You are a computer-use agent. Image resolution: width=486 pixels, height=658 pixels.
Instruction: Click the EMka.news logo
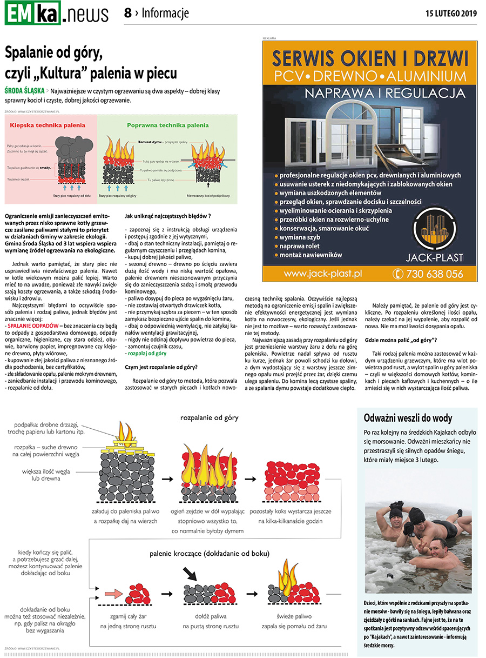coord(57,14)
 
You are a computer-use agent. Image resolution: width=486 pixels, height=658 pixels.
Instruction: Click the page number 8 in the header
coord(128,14)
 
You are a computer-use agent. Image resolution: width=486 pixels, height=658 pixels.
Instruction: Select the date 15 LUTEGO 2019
coord(451,14)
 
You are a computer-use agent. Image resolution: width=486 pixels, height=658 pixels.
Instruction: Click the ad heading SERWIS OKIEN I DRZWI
coord(370,57)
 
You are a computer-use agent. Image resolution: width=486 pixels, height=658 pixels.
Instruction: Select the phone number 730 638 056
coord(428,274)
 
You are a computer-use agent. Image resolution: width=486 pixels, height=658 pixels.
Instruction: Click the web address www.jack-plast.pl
coord(322,274)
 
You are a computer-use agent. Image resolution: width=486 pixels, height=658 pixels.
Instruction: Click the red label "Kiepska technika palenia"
coord(48,125)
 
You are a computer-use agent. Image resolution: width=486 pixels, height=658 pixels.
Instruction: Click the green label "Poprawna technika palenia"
coord(167,125)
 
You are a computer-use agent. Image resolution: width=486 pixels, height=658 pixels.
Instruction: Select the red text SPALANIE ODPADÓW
coord(33,327)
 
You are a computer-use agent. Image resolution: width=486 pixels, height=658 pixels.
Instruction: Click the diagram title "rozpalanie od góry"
coord(209,417)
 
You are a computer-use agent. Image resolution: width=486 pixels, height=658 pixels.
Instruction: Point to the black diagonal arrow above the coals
coord(190,573)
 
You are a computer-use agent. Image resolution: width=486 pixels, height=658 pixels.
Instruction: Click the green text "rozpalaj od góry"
coord(147,353)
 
